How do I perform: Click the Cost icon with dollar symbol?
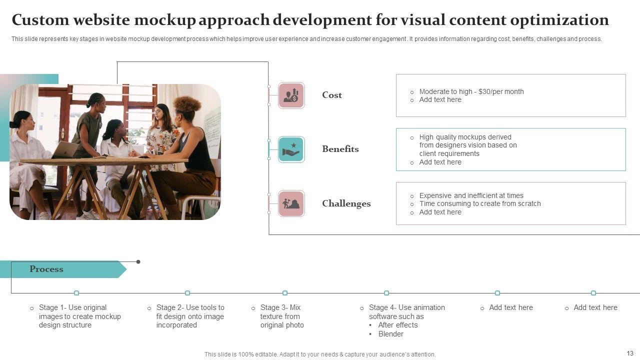(x=291, y=95)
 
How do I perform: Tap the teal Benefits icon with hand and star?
(x=291, y=149)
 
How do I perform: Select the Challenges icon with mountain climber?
(x=291, y=203)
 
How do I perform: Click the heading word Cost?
(x=332, y=95)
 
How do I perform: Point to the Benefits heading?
(x=340, y=149)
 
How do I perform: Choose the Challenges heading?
(x=346, y=203)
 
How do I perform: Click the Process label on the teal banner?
(x=46, y=269)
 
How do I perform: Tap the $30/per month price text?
(x=501, y=91)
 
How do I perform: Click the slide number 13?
(x=629, y=353)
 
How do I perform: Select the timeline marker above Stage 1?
(x=76, y=293)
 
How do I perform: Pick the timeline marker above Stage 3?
(x=285, y=293)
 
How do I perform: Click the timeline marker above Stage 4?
(x=386, y=293)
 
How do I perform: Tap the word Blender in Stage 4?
(x=391, y=334)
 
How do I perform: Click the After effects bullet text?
(x=398, y=325)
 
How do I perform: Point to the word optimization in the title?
(x=560, y=20)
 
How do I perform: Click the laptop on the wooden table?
(x=65, y=149)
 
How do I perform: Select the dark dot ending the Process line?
(x=138, y=261)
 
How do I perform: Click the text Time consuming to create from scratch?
(x=480, y=203)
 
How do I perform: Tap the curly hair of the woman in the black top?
(x=187, y=106)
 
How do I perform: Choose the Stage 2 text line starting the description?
(x=190, y=307)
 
